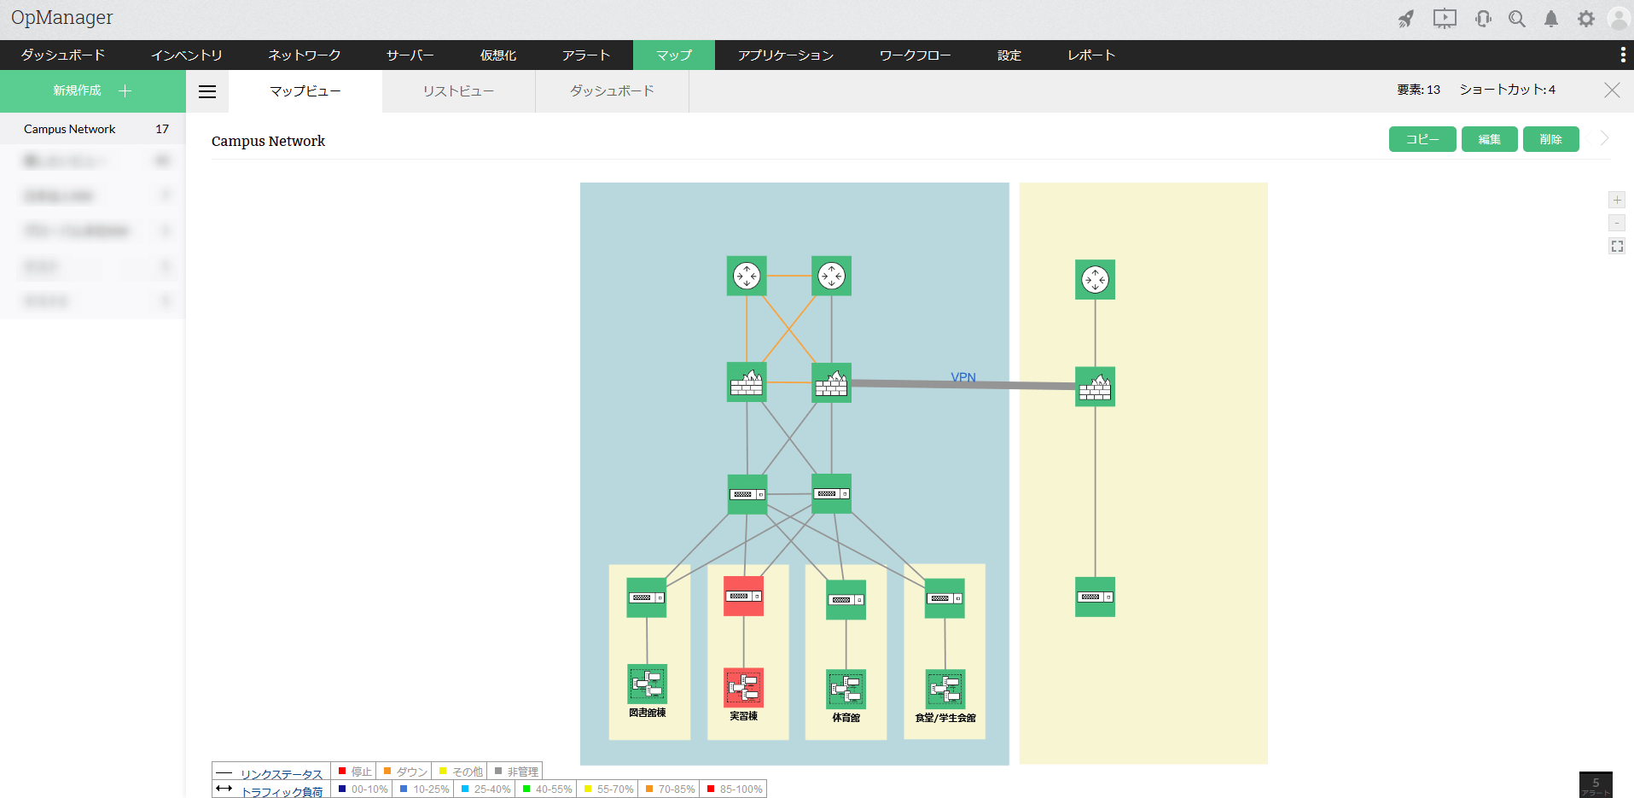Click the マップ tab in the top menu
tap(673, 55)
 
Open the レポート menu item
tap(1090, 55)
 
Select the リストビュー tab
tap(458, 91)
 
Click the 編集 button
tap(1489, 139)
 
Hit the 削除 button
tap(1550, 139)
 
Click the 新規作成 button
tap(92, 90)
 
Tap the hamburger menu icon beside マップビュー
tap(207, 91)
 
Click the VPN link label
tap(963, 377)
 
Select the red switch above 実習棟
tap(743, 596)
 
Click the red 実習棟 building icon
tap(743, 687)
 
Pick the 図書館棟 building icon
tap(647, 684)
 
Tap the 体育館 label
tap(846, 718)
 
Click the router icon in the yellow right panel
tap(1095, 280)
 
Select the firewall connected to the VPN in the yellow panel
tap(1095, 387)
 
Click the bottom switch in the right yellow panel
tap(1095, 597)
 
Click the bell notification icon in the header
tap(1551, 19)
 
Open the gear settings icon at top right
tap(1585, 19)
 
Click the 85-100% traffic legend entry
tap(734, 789)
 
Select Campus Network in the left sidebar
tap(70, 129)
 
